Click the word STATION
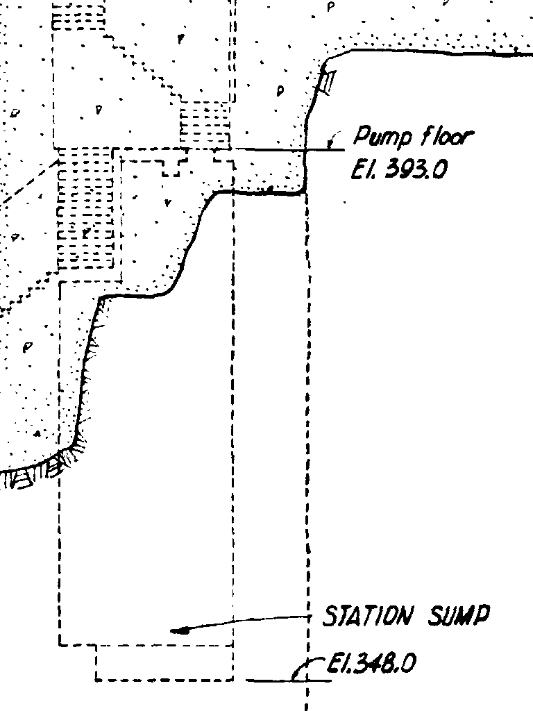368,617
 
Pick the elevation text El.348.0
372,665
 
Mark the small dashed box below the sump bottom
164,663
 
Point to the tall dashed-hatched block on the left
85,208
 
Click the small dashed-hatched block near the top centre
204,124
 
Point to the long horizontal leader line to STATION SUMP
257,621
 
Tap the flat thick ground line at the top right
437,51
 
